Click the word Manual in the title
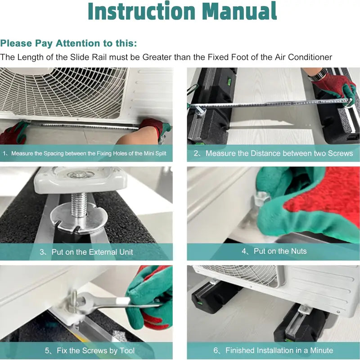(x=240, y=11)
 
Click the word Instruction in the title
(x=142, y=11)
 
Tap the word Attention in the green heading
(x=78, y=43)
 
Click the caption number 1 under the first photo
(x=4, y=153)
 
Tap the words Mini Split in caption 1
(x=155, y=153)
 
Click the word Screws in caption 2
(x=340, y=153)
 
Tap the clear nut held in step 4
(x=261, y=198)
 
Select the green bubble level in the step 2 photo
(x=229, y=81)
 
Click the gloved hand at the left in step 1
(x=14, y=133)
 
